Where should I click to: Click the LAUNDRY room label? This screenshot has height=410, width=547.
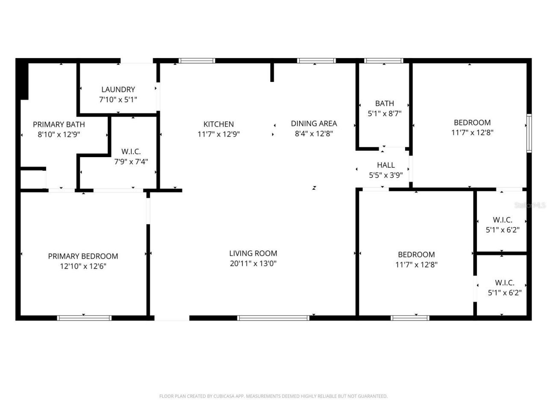coord(118,89)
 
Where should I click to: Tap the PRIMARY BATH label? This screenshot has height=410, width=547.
coord(59,124)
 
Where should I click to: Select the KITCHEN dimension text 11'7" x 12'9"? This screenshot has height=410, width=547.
coord(218,134)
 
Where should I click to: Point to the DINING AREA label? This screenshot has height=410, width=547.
coord(314,123)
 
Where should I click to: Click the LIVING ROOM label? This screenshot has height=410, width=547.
coord(253,253)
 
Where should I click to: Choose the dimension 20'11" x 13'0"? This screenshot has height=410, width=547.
coord(253,264)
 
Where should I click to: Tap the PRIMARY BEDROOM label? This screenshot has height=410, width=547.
coord(83,256)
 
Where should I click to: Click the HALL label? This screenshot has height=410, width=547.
coord(385,165)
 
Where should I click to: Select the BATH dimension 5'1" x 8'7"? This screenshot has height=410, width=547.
coord(384,114)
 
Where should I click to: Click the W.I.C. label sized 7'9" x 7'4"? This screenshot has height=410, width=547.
coord(131,152)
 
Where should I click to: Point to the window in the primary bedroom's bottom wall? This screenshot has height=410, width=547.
coord(84,318)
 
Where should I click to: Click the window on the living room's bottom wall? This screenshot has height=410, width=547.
coord(273,318)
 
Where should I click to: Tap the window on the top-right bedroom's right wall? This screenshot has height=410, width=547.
coord(529,133)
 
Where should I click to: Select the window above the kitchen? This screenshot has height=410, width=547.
coord(197,61)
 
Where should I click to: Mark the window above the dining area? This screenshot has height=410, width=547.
coord(316,61)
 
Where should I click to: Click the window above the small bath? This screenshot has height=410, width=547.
coord(383,61)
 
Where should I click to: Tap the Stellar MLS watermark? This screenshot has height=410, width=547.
coord(530,205)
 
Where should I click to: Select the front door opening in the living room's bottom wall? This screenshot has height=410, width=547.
coord(172,318)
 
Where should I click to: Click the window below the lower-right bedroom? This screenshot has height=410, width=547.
coord(410,318)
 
